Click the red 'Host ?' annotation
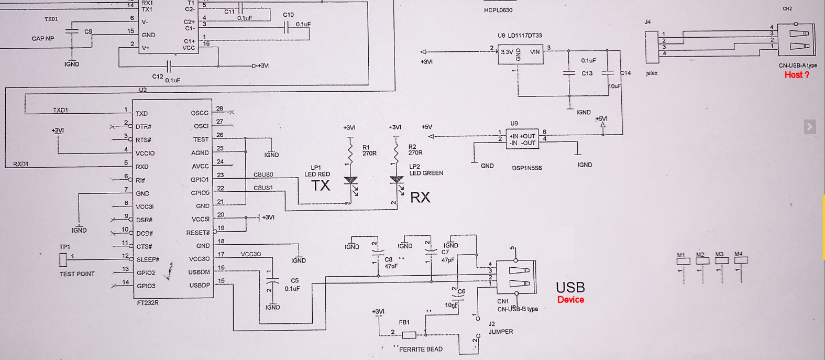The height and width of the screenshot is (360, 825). (796, 75)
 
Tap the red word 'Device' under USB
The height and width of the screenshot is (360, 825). (570, 300)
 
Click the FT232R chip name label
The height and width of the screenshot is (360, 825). (147, 303)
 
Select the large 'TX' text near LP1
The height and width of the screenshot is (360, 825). (321, 186)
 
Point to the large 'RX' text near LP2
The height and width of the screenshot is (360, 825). (420, 198)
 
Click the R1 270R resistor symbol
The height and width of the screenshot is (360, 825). (350, 152)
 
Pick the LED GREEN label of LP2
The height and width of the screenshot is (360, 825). (426, 173)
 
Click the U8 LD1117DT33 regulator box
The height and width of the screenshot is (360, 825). (520, 53)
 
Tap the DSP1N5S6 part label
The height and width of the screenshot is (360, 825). (526, 168)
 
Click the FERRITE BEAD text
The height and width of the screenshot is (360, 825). (421, 349)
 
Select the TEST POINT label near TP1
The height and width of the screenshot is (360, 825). (77, 274)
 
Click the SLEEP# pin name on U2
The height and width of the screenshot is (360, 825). (148, 259)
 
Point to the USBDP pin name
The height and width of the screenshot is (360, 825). (200, 286)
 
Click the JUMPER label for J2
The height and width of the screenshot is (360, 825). (500, 332)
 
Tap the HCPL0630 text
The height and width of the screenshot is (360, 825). (498, 10)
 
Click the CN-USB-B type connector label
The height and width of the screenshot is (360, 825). (518, 309)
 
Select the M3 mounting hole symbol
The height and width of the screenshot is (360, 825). (721, 260)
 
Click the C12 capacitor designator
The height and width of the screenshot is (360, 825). (157, 77)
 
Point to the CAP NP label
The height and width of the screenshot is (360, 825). (43, 38)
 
